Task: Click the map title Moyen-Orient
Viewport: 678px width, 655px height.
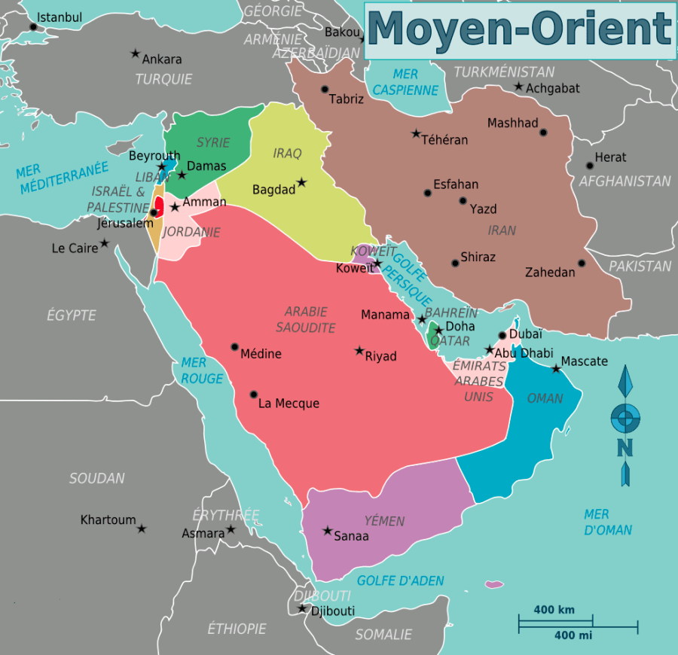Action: (x=520, y=30)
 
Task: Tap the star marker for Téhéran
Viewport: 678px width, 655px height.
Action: (x=416, y=134)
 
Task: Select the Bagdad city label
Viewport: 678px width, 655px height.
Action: (x=273, y=190)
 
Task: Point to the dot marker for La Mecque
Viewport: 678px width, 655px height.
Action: (x=254, y=395)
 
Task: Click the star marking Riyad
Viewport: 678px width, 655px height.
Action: (x=359, y=351)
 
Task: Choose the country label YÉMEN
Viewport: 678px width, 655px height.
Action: (x=384, y=521)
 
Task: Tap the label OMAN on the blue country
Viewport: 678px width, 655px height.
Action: (x=545, y=398)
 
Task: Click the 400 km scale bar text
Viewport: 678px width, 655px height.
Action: (x=554, y=610)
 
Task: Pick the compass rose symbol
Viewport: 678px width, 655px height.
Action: (x=625, y=422)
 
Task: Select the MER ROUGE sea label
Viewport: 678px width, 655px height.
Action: (x=202, y=371)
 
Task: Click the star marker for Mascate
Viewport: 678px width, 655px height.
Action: (x=556, y=368)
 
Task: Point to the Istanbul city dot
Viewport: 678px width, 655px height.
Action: (x=33, y=26)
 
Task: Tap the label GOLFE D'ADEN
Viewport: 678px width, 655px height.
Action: (x=400, y=580)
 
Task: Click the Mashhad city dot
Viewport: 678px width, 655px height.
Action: (x=543, y=133)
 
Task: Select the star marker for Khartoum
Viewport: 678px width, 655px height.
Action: (x=141, y=529)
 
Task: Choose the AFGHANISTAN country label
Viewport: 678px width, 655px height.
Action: (x=625, y=181)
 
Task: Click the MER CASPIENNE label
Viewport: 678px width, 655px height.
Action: (x=405, y=82)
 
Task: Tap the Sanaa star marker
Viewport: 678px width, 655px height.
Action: (x=327, y=531)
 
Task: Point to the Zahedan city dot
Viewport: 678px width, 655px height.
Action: (x=582, y=264)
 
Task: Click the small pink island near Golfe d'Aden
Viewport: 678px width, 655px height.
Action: (x=494, y=584)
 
